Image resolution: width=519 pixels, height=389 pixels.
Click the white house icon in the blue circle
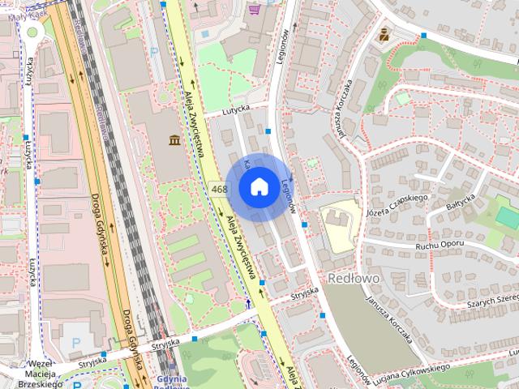coord(258,186)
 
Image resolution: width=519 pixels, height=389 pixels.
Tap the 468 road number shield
coord(218,189)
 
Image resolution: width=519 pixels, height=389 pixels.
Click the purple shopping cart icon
coord(255,10)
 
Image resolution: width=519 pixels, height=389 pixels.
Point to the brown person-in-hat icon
coord(383,34)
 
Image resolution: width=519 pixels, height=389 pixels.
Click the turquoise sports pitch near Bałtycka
coord(508,217)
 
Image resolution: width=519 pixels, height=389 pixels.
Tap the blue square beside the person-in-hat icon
coord(424,35)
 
